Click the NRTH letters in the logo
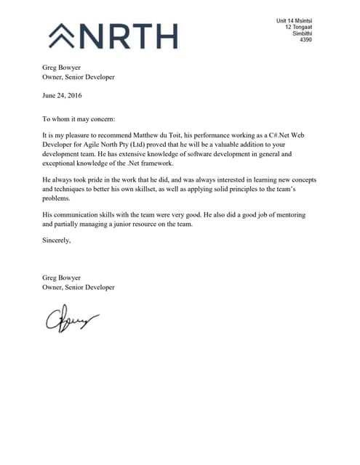(x=131, y=35)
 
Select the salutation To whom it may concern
(x=79, y=118)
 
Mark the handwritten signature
(x=72, y=318)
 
